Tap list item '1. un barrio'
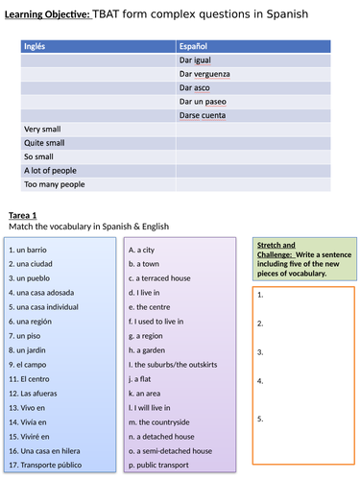tap(29, 249)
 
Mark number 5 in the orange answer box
tap(261, 418)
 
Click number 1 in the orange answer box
tap(261, 296)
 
